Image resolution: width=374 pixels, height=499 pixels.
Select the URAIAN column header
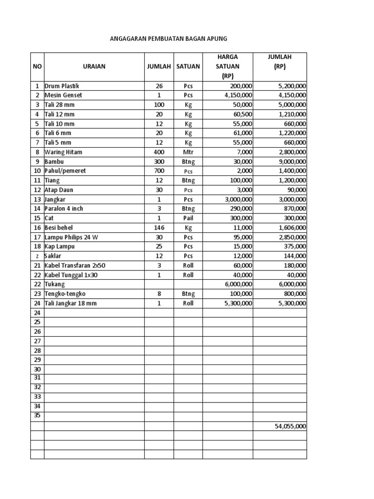point(94,67)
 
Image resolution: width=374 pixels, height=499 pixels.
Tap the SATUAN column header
point(188,67)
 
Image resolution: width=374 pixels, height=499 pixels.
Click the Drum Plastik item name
point(61,86)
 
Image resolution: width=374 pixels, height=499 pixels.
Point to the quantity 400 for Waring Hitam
point(159,152)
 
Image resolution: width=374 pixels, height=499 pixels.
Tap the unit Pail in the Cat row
point(188,218)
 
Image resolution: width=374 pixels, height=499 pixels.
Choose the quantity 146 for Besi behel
point(159,228)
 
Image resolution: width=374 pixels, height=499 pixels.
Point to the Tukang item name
point(55,284)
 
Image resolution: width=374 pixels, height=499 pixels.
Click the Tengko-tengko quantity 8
point(159,294)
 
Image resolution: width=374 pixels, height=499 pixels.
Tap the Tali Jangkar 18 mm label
point(71,303)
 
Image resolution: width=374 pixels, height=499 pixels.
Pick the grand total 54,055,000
point(290,426)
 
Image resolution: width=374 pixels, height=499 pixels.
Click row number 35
point(37,416)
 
